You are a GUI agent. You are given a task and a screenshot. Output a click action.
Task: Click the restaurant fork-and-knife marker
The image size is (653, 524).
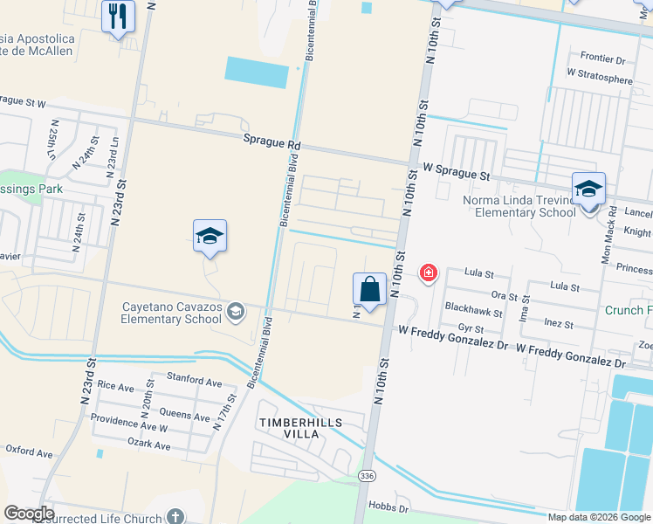point(118,16)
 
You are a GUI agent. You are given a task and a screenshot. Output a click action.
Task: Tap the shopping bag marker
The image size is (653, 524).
point(370,289)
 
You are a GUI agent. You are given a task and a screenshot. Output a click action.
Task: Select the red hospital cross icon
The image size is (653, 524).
point(428,273)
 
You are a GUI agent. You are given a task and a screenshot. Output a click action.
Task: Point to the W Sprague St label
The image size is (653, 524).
point(456,174)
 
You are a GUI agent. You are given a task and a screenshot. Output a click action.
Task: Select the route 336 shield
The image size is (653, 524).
point(368,473)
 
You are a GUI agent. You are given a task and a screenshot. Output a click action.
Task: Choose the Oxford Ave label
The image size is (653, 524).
point(30,452)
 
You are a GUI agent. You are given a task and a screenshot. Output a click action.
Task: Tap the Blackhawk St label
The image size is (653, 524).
point(473,311)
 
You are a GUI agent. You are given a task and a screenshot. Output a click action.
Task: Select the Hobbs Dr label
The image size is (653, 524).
point(388,507)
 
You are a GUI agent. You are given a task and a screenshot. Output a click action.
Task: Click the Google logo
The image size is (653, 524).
point(29,514)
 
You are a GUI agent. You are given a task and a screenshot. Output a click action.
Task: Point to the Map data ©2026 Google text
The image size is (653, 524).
point(599,517)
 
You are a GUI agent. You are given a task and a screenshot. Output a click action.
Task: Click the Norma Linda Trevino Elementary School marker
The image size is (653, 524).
point(588,190)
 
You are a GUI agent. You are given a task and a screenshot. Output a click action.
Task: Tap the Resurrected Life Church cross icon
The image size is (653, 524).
point(175,516)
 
